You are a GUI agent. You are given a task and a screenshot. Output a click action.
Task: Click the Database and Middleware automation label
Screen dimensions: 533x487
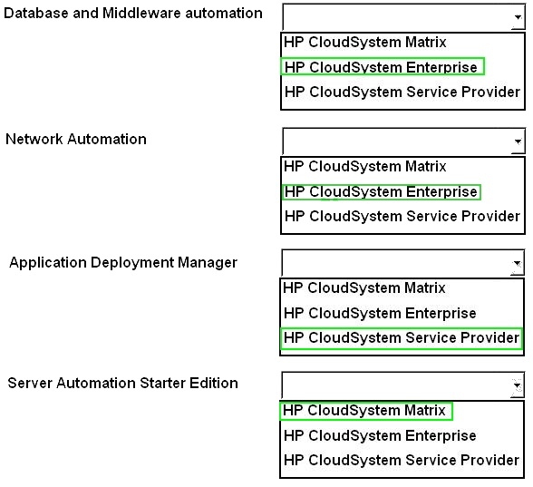tap(133, 14)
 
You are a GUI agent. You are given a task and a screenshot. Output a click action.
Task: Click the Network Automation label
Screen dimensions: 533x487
tap(76, 139)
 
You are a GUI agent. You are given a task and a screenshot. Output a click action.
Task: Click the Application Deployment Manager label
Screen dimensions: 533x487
tap(123, 263)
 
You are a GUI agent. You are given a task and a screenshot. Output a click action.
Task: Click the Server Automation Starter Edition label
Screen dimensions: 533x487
tap(122, 383)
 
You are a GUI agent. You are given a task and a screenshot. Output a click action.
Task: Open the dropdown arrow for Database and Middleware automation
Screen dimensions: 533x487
tap(518, 16)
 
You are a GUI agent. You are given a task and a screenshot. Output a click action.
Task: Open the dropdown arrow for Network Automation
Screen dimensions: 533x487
tap(518, 141)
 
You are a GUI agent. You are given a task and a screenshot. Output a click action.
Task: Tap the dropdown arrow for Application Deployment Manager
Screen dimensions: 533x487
tap(517, 263)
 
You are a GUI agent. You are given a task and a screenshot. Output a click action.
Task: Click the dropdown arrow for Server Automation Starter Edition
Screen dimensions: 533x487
tap(517, 385)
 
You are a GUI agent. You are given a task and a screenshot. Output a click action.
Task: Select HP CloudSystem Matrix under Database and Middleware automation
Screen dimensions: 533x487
tap(365, 42)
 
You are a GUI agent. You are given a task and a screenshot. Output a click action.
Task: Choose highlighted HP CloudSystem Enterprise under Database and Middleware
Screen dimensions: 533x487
tap(381, 67)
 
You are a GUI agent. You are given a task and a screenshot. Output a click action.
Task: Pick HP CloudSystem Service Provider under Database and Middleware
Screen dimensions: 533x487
tap(402, 92)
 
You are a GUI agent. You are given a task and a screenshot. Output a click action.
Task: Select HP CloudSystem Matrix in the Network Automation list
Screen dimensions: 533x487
tap(365, 166)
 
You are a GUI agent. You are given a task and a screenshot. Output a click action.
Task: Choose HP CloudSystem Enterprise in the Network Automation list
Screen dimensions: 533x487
tap(381, 191)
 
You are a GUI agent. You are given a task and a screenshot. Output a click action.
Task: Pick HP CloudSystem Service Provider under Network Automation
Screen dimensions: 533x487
tap(402, 216)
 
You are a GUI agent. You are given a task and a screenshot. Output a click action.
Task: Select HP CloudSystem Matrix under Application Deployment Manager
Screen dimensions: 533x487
tap(364, 287)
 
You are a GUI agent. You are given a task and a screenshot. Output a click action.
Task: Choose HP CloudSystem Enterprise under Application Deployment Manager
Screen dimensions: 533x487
tap(380, 313)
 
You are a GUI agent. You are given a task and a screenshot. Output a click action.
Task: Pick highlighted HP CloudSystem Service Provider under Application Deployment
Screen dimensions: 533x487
tap(402, 337)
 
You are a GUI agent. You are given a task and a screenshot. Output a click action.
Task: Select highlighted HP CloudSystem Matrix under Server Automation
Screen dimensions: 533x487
tap(364, 410)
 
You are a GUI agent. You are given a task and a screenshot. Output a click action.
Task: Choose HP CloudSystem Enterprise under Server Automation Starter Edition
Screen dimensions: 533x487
tap(380, 435)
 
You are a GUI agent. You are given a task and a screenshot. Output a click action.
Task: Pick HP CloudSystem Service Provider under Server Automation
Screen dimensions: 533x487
tap(402, 460)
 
